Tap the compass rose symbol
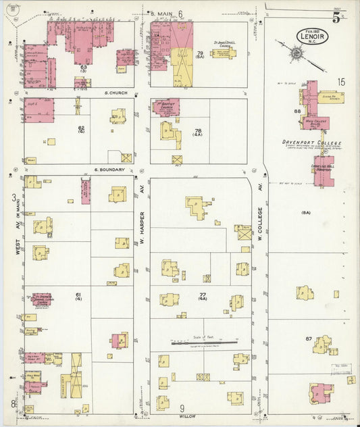[x=297, y=52]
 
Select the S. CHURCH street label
[x=116, y=92]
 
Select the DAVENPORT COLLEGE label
[x=312, y=143]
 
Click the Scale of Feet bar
[x=204, y=343]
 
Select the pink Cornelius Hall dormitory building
[x=323, y=171]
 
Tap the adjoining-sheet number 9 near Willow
[x=182, y=408]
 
